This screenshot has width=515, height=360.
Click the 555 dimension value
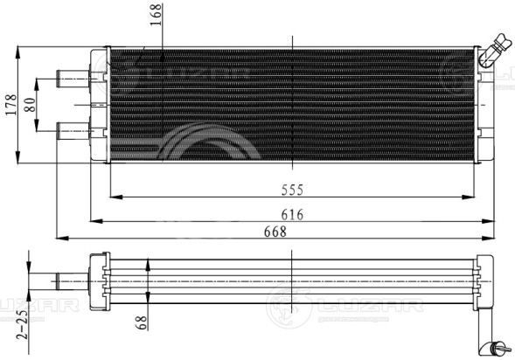pos(292,190)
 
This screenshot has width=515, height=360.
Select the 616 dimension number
pos(292,215)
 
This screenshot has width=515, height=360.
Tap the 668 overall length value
pos(275,232)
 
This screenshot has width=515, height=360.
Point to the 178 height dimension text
pos(11,105)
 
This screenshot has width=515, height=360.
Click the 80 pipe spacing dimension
pos(30,105)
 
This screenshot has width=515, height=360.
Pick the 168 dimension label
pos(156,15)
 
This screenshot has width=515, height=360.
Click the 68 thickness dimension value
pos(141,322)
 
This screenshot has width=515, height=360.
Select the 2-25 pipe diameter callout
pos(23,324)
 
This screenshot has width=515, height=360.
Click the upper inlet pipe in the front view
pos(73,79)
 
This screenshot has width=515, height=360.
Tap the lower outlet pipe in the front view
pos(73,131)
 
